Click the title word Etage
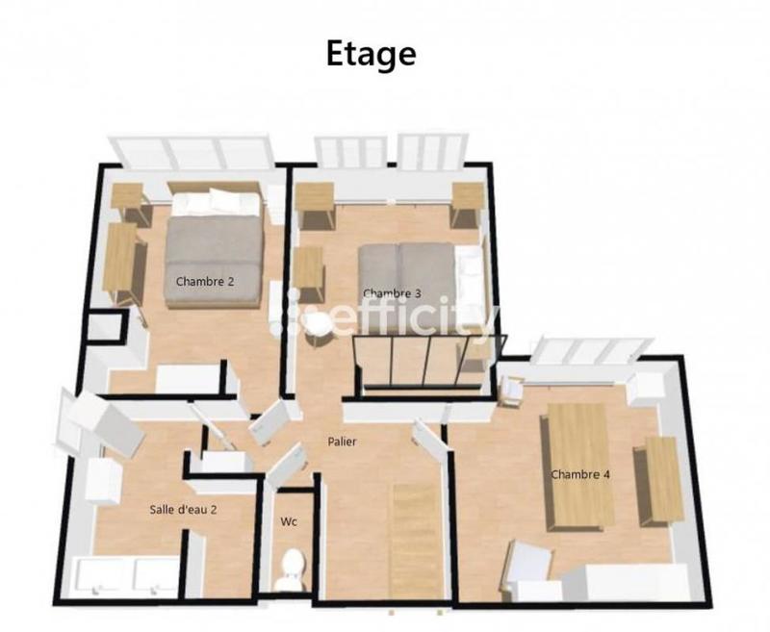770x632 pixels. click(x=371, y=53)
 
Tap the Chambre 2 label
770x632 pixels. click(x=205, y=282)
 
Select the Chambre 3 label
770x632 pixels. click(x=392, y=293)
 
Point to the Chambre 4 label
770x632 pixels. click(x=580, y=474)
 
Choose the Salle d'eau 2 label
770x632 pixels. click(x=183, y=509)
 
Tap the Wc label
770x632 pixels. click(x=288, y=523)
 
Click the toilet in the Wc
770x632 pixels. click(x=288, y=570)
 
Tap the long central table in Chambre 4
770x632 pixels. click(x=579, y=464)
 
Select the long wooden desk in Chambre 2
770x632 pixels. click(x=122, y=263)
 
